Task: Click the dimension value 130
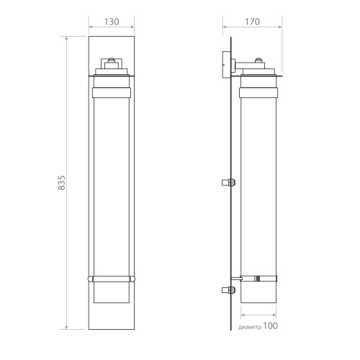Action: [112, 22]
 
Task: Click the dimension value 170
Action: [252, 22]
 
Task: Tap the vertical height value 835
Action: [62, 183]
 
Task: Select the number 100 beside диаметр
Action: [271, 326]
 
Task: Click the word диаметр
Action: [250, 327]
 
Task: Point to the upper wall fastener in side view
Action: [228, 182]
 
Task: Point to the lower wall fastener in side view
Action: [228, 290]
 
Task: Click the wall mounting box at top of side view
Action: [227, 64]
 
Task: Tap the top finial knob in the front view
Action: [111, 60]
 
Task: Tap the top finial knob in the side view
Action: [258, 60]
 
